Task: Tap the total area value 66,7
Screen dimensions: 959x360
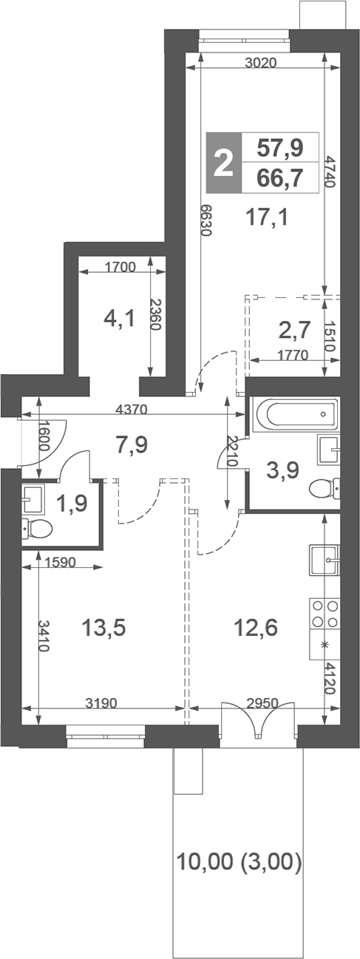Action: click(x=280, y=178)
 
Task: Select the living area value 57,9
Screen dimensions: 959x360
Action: click(x=280, y=149)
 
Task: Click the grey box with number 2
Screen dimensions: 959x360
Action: click(x=223, y=163)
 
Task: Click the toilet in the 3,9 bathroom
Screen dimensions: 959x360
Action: click(x=323, y=489)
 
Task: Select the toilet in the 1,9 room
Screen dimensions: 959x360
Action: click(x=37, y=528)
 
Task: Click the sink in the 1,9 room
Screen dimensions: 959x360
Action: click(x=33, y=499)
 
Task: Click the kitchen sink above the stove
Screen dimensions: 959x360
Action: click(x=324, y=560)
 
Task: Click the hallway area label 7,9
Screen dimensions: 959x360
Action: click(x=132, y=445)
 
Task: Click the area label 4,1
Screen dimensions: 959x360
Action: click(x=119, y=319)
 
